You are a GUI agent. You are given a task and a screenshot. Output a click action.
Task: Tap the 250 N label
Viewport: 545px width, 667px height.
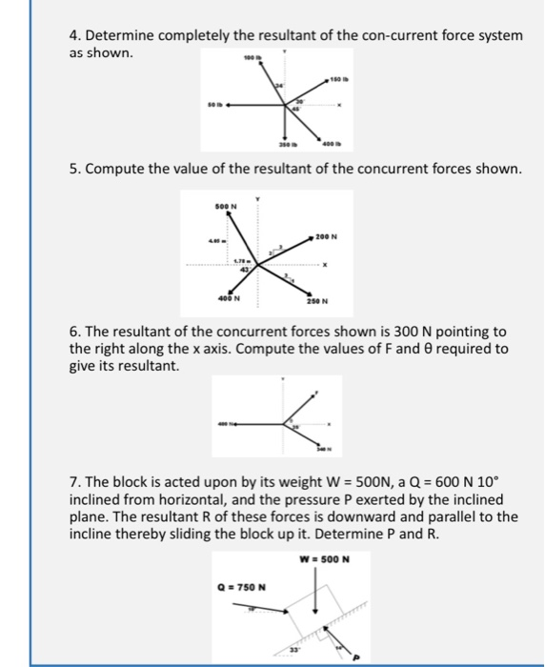318,302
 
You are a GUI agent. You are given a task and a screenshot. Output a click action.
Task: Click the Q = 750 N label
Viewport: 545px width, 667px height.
243,586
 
